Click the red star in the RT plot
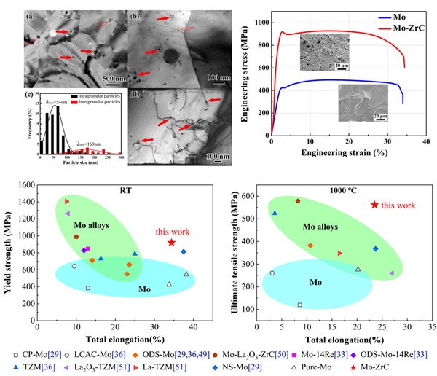point(171,243)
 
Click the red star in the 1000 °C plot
point(375,205)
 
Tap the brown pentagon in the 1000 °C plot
point(298,200)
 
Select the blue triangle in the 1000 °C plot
point(275,213)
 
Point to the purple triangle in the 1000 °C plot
point(391,273)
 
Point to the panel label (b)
point(134,14)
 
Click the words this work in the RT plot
point(171,232)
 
